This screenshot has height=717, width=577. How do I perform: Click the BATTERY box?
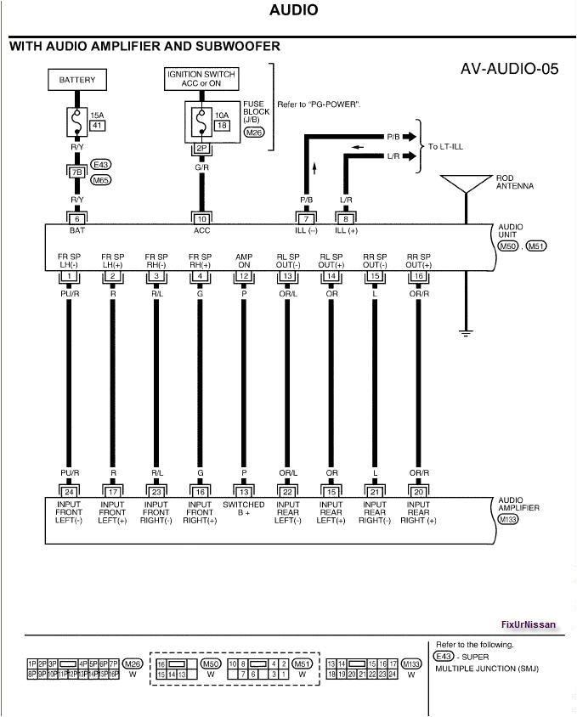77,81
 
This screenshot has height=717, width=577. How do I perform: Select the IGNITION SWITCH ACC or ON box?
201,80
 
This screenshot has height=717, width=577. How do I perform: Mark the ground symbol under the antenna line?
466,331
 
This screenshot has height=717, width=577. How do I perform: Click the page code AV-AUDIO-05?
509,69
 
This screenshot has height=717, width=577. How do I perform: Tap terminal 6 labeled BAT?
77,218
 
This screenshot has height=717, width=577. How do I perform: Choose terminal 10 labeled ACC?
201,218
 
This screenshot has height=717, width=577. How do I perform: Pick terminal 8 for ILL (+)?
346,218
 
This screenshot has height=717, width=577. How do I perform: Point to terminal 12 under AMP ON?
244,276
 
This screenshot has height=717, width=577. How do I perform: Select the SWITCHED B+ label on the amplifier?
244,509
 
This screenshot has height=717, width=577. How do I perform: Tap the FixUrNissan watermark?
528,624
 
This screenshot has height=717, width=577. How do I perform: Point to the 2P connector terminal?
201,148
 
